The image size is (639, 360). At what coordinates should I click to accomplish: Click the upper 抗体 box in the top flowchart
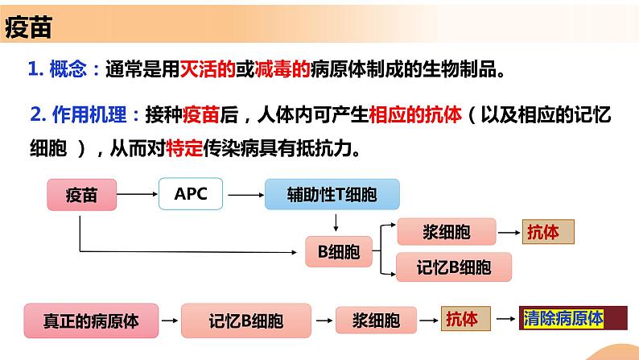point(550,233)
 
